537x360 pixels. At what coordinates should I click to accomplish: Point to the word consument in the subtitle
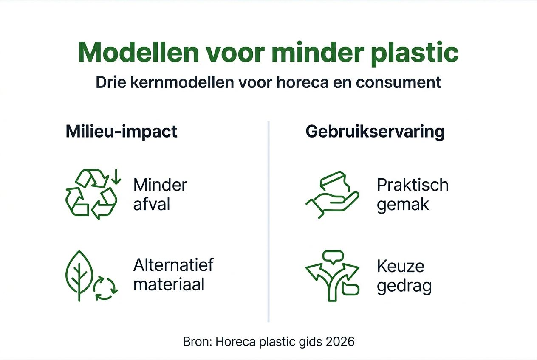pos(399,82)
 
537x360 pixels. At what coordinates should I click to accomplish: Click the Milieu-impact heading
pos(122,132)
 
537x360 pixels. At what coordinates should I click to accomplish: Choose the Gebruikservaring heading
pos(375,132)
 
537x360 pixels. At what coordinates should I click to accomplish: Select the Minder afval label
pos(160,194)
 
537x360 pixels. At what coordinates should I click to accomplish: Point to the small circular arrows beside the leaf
pos(105,289)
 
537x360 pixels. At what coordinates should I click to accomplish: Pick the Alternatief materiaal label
pos(173,274)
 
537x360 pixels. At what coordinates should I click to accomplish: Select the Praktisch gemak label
pos(412,194)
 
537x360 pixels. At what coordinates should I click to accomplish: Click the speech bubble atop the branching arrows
pos(332,256)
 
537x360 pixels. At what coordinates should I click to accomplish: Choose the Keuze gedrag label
pos(404,276)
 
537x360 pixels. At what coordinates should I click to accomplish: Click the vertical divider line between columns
pos(268,221)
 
